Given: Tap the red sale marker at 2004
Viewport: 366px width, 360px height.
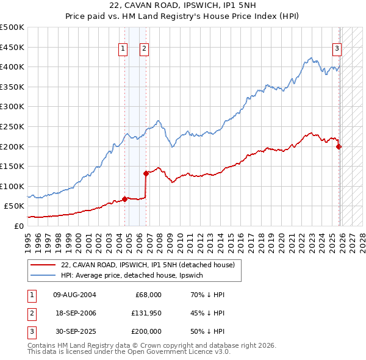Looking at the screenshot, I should coord(124,198).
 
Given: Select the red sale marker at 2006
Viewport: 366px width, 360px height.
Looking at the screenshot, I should coord(146,173).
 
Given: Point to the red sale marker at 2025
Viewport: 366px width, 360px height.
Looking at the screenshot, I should coord(339,146).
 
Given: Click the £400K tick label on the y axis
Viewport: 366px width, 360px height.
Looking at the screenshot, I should coord(12,67).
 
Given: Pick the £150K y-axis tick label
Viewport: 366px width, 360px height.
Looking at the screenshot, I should coord(12,166).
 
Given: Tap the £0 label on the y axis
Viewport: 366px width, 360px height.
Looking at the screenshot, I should coord(18,226).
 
